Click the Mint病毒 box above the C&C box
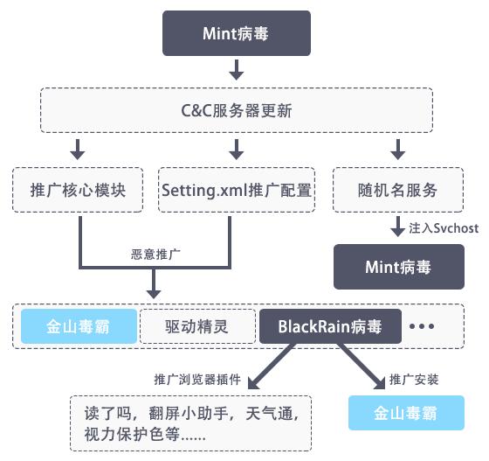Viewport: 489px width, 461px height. click(236, 34)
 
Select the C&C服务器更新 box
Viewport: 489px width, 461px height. click(236, 110)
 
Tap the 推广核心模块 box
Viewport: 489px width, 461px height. click(79, 189)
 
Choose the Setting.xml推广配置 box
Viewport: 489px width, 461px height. click(236, 189)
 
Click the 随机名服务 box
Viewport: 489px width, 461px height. click(396, 189)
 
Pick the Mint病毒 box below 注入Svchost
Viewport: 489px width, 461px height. click(396, 267)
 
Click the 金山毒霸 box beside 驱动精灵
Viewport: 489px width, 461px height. click(79, 327)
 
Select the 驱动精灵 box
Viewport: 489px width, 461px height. click(196, 327)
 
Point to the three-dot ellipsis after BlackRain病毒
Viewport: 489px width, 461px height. click(422, 327)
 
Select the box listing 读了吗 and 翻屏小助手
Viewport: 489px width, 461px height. click(191, 422)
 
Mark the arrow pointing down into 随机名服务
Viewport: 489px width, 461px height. click(396, 147)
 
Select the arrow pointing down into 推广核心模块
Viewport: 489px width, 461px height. click(79, 147)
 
